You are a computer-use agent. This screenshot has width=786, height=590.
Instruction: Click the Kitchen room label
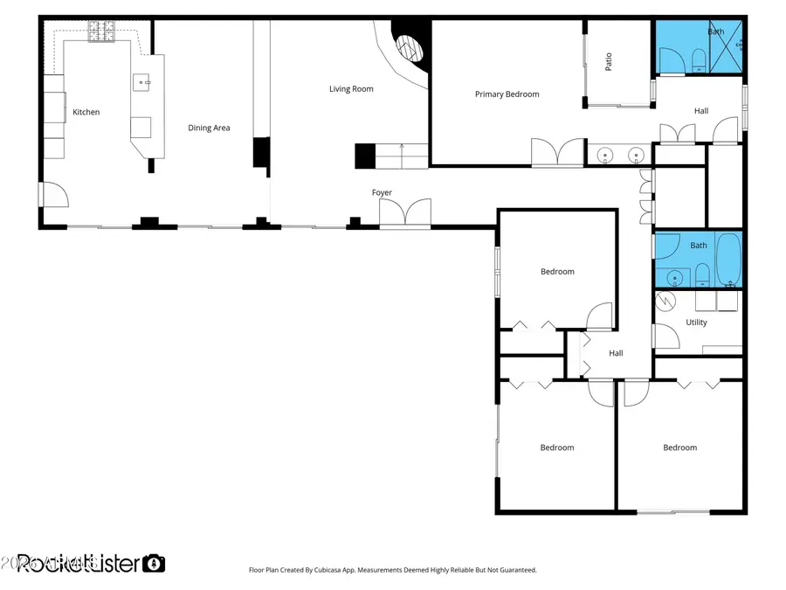tap(86, 112)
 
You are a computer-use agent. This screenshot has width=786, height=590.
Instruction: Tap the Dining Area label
tap(209, 128)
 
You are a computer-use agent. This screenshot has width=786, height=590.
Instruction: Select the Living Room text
tap(351, 88)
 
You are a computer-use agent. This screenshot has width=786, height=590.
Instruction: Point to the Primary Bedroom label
tap(507, 94)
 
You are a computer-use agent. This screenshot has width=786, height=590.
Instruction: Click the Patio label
tap(609, 62)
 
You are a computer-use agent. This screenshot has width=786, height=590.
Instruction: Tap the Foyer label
tap(382, 192)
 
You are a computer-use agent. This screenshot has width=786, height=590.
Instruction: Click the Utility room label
tap(696, 323)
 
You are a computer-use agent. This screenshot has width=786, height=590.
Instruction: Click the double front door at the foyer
tap(405, 213)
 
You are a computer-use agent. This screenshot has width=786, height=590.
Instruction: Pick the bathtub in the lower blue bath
tap(727, 260)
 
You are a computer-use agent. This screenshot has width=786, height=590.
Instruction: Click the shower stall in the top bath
tap(727, 46)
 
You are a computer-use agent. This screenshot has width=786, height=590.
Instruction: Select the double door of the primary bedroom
tap(557, 152)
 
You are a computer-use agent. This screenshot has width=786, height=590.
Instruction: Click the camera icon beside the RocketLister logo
tap(155, 563)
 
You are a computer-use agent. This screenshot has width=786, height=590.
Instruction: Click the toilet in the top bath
tap(699, 62)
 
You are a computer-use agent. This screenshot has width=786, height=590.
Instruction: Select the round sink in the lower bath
tap(673, 279)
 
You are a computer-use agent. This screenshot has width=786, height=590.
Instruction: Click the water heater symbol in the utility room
tap(665, 302)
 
